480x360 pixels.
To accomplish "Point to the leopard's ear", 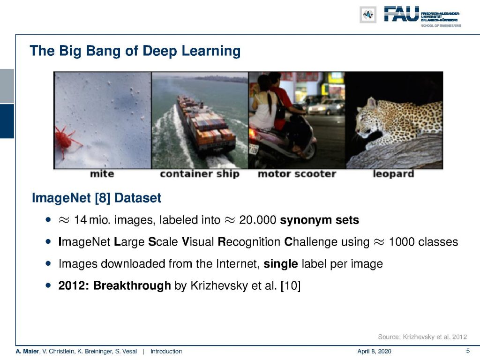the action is coord(372,103).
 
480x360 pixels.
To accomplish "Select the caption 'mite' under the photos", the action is coord(102,174).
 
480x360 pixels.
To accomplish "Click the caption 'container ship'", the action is coord(200,174).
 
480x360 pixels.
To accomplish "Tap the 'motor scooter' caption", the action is coord(297,174).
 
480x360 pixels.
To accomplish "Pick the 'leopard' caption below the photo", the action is coord(393,174).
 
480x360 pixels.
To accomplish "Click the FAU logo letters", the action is coord(401,14).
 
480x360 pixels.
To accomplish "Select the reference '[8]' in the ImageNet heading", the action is coord(103,198).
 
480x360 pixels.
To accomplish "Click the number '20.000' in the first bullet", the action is coord(257,220).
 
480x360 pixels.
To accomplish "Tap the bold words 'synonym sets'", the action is coord(320,220).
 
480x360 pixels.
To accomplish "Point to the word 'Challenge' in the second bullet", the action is coord(327,242).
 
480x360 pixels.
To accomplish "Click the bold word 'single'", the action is coord(281,264).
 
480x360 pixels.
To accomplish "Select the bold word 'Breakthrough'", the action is coord(132,285).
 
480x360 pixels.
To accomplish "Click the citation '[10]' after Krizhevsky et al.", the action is coord(291,286).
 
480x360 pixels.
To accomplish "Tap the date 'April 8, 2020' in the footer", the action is coord(374,352).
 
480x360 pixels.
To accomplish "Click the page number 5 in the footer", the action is coord(468,351).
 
